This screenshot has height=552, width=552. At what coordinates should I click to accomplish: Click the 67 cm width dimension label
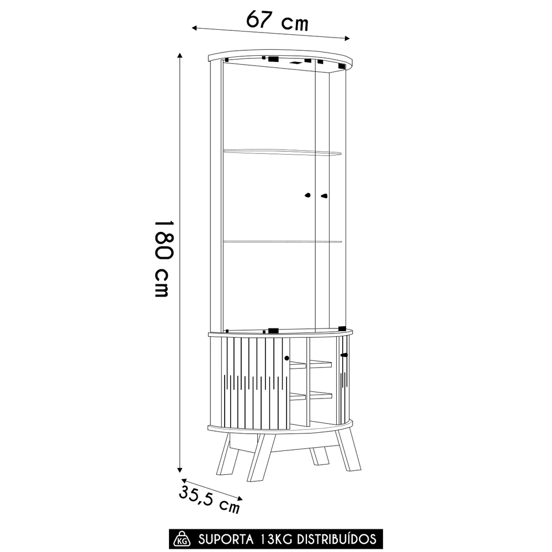pos(277,22)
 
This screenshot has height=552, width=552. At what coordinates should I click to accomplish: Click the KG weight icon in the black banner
pos(181,539)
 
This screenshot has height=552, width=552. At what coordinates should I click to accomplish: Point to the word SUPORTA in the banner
pos(225,539)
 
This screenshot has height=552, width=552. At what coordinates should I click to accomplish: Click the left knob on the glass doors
pos(308,195)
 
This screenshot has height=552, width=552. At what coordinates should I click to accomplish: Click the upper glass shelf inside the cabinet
pos(282,151)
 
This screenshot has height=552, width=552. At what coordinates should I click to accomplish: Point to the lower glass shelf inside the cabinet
pos(282,241)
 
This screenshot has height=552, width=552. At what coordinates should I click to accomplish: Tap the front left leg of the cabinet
pos(257,458)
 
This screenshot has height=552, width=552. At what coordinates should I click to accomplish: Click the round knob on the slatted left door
pos(286,358)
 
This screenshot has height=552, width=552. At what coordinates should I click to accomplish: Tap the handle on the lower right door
pos(343,354)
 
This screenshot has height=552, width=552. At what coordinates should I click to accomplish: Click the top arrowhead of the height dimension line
pos(179,56)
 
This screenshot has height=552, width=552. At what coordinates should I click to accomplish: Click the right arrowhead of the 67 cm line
pos(348,38)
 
